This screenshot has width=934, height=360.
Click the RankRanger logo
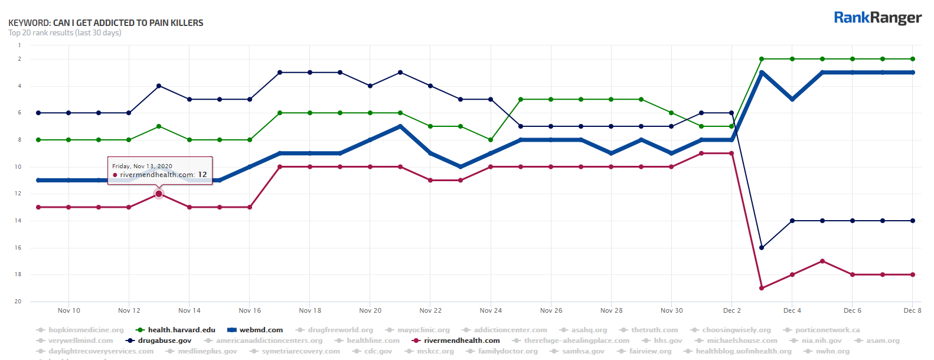click(x=877, y=18)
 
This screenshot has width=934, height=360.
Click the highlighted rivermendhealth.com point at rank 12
click(x=159, y=194)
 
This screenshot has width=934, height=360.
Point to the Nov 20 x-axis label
click(x=370, y=310)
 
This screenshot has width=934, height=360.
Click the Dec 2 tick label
click(x=731, y=310)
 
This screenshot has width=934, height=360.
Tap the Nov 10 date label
click(x=69, y=310)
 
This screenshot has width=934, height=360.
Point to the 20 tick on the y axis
click(x=18, y=302)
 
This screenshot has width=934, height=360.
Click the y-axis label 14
click(x=18, y=221)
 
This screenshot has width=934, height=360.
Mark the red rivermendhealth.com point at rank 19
click(x=762, y=288)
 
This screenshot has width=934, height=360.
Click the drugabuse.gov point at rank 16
click(x=762, y=248)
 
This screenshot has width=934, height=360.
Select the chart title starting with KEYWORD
click(x=106, y=23)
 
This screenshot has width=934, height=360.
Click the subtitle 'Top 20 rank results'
click(x=65, y=33)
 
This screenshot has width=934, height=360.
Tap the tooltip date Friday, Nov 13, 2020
click(x=142, y=166)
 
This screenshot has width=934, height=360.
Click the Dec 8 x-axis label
click(x=912, y=310)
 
